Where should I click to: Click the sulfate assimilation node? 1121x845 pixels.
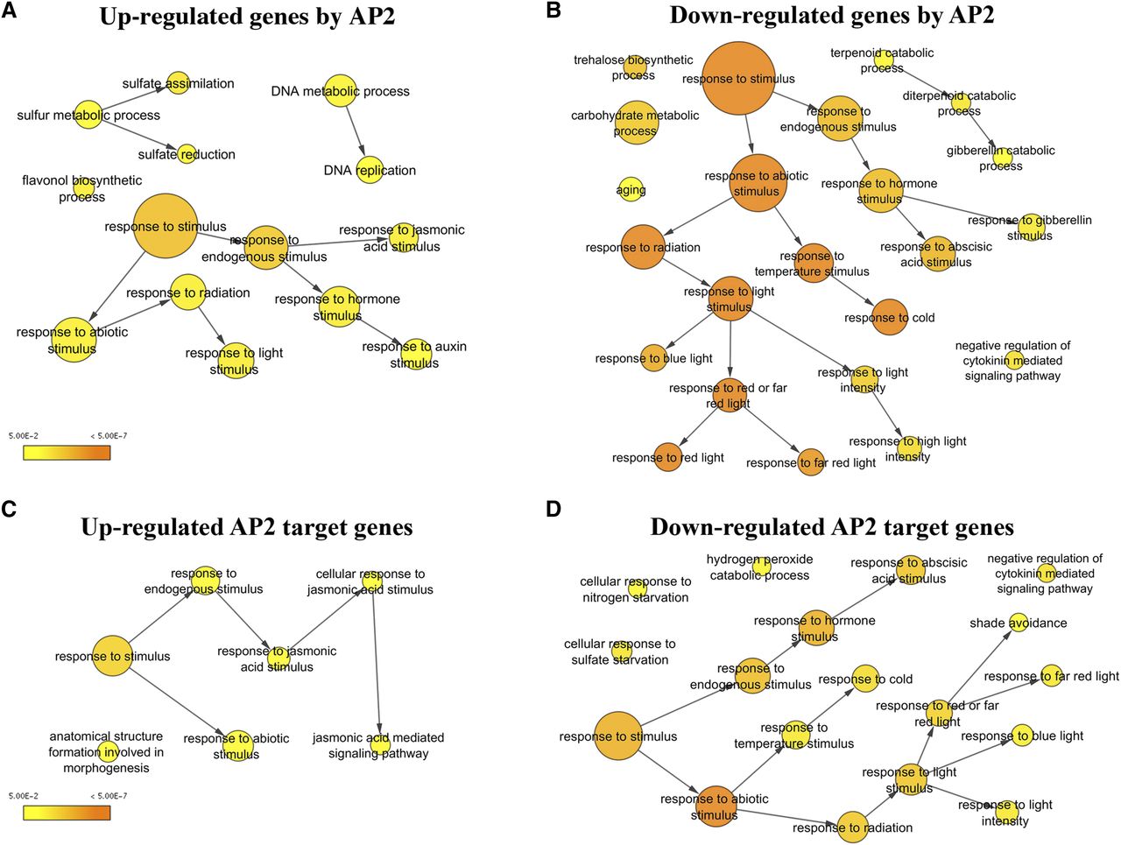click(178, 83)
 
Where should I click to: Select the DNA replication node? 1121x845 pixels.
click(370, 170)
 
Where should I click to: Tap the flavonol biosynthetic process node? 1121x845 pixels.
click(84, 187)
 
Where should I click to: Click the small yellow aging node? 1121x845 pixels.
click(631, 189)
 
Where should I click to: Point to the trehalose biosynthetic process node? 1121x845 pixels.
click(635, 67)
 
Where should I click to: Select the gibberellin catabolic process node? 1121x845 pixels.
click(1003, 158)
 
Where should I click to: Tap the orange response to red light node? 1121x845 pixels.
click(668, 457)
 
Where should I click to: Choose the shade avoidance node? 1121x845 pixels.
click(1018, 623)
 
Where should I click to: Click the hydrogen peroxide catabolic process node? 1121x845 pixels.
click(761, 566)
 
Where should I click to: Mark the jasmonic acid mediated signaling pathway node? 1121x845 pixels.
click(378, 744)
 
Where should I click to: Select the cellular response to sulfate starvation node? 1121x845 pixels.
click(622, 651)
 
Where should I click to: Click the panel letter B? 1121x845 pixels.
click(553, 11)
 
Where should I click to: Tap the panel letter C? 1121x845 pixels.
click(9, 509)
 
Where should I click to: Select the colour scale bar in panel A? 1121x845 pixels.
click(67, 452)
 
